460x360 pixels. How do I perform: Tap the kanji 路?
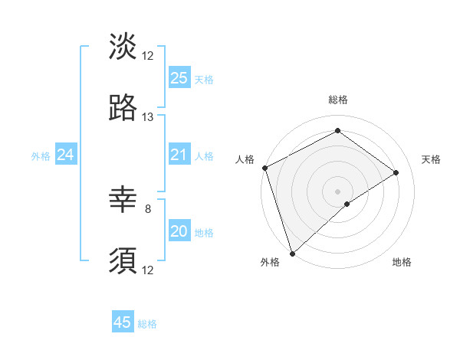123,108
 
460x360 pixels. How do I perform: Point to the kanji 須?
123,261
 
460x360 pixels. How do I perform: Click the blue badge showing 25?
179,78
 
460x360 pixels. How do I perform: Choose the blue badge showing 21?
179,155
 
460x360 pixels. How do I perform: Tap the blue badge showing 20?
179,231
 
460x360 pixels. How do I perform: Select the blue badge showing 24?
65,155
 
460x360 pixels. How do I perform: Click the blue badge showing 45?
123,322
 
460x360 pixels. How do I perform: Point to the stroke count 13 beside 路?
148,117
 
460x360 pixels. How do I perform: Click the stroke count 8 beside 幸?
148,208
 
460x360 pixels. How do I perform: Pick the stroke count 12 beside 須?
148,270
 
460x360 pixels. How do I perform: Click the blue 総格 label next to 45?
147,324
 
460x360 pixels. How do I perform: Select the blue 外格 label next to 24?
41,156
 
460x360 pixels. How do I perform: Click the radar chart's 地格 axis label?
402,262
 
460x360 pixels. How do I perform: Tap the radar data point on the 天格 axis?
396,172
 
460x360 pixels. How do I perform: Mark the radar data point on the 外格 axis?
291,253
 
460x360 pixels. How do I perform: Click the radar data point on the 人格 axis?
264,168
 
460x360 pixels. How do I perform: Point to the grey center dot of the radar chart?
337,191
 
